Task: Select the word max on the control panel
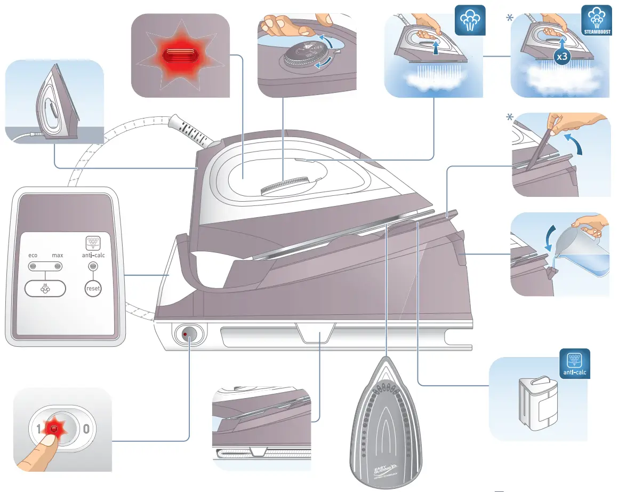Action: (x=57, y=255)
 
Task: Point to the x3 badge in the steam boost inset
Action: (x=561, y=55)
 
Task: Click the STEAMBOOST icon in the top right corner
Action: (x=594, y=21)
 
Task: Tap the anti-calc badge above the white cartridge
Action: (x=575, y=364)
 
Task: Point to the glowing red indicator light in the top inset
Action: (x=180, y=55)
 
